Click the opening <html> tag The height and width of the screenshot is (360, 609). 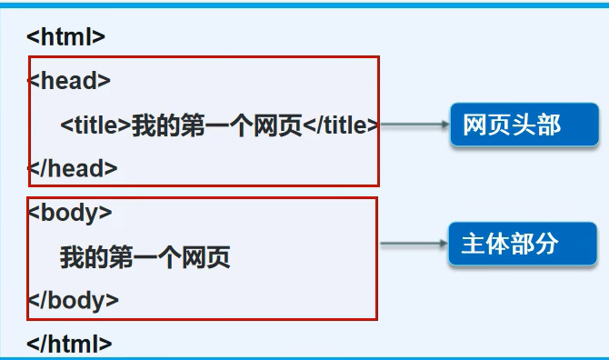(65, 37)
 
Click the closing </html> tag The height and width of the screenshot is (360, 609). (69, 344)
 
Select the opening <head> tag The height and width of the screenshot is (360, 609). (69, 81)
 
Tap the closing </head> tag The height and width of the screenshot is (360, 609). (73, 167)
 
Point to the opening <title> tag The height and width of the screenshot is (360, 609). (95, 125)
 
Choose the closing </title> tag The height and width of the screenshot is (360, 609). (340, 125)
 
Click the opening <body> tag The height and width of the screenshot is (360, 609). (70, 213)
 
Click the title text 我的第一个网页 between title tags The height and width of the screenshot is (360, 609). (216, 125)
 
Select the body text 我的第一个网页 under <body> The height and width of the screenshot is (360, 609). (145, 257)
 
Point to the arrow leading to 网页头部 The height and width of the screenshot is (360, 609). (414, 125)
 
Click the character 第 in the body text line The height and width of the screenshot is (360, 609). (121, 257)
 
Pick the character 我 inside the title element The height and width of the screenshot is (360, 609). (143, 125)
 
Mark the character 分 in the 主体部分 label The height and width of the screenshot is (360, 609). (546, 244)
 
